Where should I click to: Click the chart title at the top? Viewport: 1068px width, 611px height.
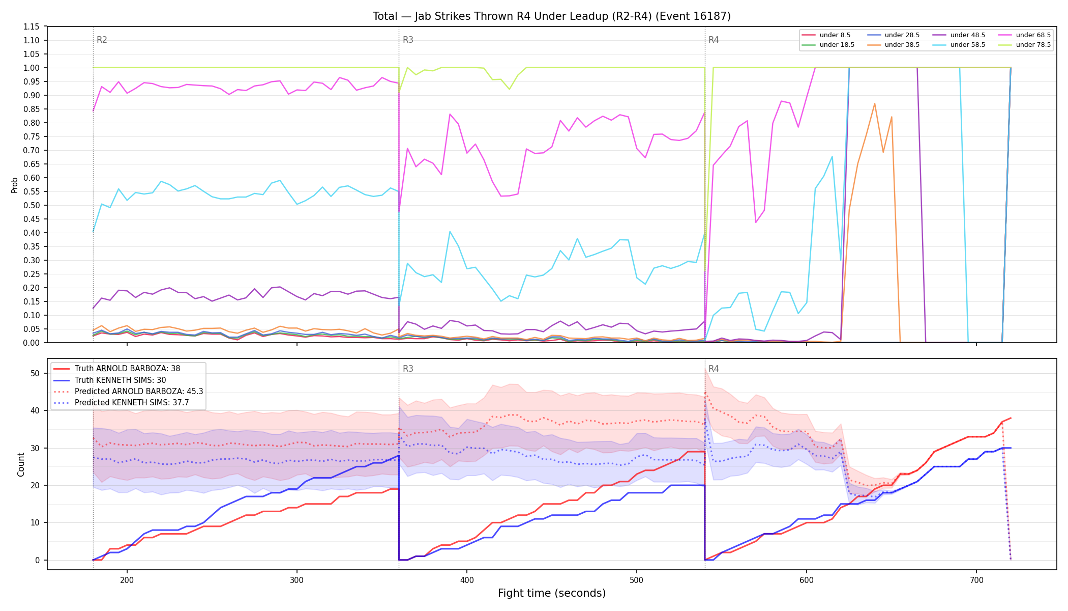[552, 16]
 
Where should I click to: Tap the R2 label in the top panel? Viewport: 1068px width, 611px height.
[102, 40]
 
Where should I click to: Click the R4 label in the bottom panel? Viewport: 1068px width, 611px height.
[714, 369]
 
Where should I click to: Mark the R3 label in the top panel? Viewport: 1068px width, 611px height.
[408, 40]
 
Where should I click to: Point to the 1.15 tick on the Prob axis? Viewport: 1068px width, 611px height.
[32, 26]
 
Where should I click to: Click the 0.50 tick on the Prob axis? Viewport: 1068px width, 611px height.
[32, 205]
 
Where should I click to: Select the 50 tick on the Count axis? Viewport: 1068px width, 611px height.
[35, 373]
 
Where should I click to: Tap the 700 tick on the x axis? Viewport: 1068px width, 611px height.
[976, 580]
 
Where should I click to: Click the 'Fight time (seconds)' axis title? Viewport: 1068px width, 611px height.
[552, 593]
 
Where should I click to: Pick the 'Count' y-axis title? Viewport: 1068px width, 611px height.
[21, 464]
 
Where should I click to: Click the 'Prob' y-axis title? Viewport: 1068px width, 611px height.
[15, 185]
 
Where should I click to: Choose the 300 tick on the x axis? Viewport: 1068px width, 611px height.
[296, 580]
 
